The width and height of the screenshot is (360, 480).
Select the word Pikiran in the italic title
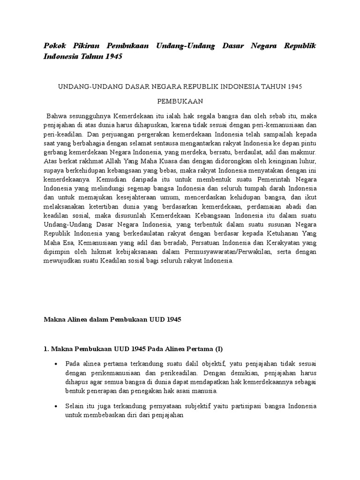point(83,46)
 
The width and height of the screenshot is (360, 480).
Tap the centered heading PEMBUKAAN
point(180,101)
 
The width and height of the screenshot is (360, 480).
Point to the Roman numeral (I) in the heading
point(219,349)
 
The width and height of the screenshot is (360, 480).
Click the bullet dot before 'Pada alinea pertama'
point(57,364)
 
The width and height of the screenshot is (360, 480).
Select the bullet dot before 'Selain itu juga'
point(57,406)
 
